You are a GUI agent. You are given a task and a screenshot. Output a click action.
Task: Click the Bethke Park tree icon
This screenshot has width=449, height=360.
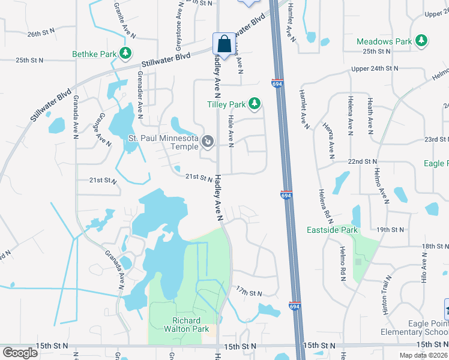126,54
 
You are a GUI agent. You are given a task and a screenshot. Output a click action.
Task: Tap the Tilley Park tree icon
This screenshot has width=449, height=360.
255,104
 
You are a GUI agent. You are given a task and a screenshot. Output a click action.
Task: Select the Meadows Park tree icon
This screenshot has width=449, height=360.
422,41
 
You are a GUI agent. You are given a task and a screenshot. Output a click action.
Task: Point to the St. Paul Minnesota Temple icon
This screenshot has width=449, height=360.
208,142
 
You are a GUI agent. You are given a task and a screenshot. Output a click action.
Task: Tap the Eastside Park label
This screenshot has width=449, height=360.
333,230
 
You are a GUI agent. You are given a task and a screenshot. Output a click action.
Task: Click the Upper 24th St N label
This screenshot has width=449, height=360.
375,69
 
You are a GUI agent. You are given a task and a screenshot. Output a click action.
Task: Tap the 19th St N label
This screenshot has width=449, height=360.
390,230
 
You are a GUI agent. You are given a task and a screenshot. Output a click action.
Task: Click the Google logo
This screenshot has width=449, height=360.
20,353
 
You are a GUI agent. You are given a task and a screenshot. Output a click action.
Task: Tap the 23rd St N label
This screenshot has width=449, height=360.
436,139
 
